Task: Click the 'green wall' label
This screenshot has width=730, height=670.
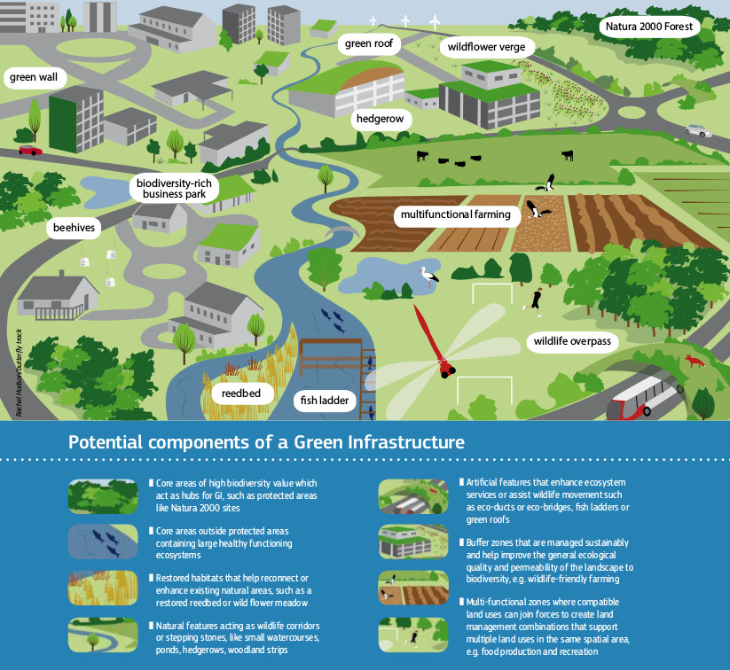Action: (34, 77)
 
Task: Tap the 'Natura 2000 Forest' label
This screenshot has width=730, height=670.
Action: (649, 27)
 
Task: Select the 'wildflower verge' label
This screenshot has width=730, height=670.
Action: (486, 47)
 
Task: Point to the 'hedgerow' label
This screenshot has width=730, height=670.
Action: (380, 119)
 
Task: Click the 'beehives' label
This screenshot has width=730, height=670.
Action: (74, 228)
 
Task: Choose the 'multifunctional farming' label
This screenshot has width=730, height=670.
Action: (456, 214)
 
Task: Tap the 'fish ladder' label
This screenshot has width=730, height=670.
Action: (325, 401)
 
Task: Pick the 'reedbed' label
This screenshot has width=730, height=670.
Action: (241, 393)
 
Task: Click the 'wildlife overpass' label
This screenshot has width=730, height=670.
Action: (572, 341)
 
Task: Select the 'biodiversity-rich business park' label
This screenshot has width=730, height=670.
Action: (174, 189)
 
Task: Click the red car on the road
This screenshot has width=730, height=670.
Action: (30, 150)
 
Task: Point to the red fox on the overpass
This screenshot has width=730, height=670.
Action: (694, 361)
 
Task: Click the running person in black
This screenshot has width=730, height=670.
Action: (534, 301)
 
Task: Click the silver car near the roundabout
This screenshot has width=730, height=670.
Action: (699, 130)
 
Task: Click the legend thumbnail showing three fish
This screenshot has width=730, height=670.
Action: (103, 541)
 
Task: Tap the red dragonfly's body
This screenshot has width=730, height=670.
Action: (432, 340)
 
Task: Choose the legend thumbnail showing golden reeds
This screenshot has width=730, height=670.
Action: (103, 588)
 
